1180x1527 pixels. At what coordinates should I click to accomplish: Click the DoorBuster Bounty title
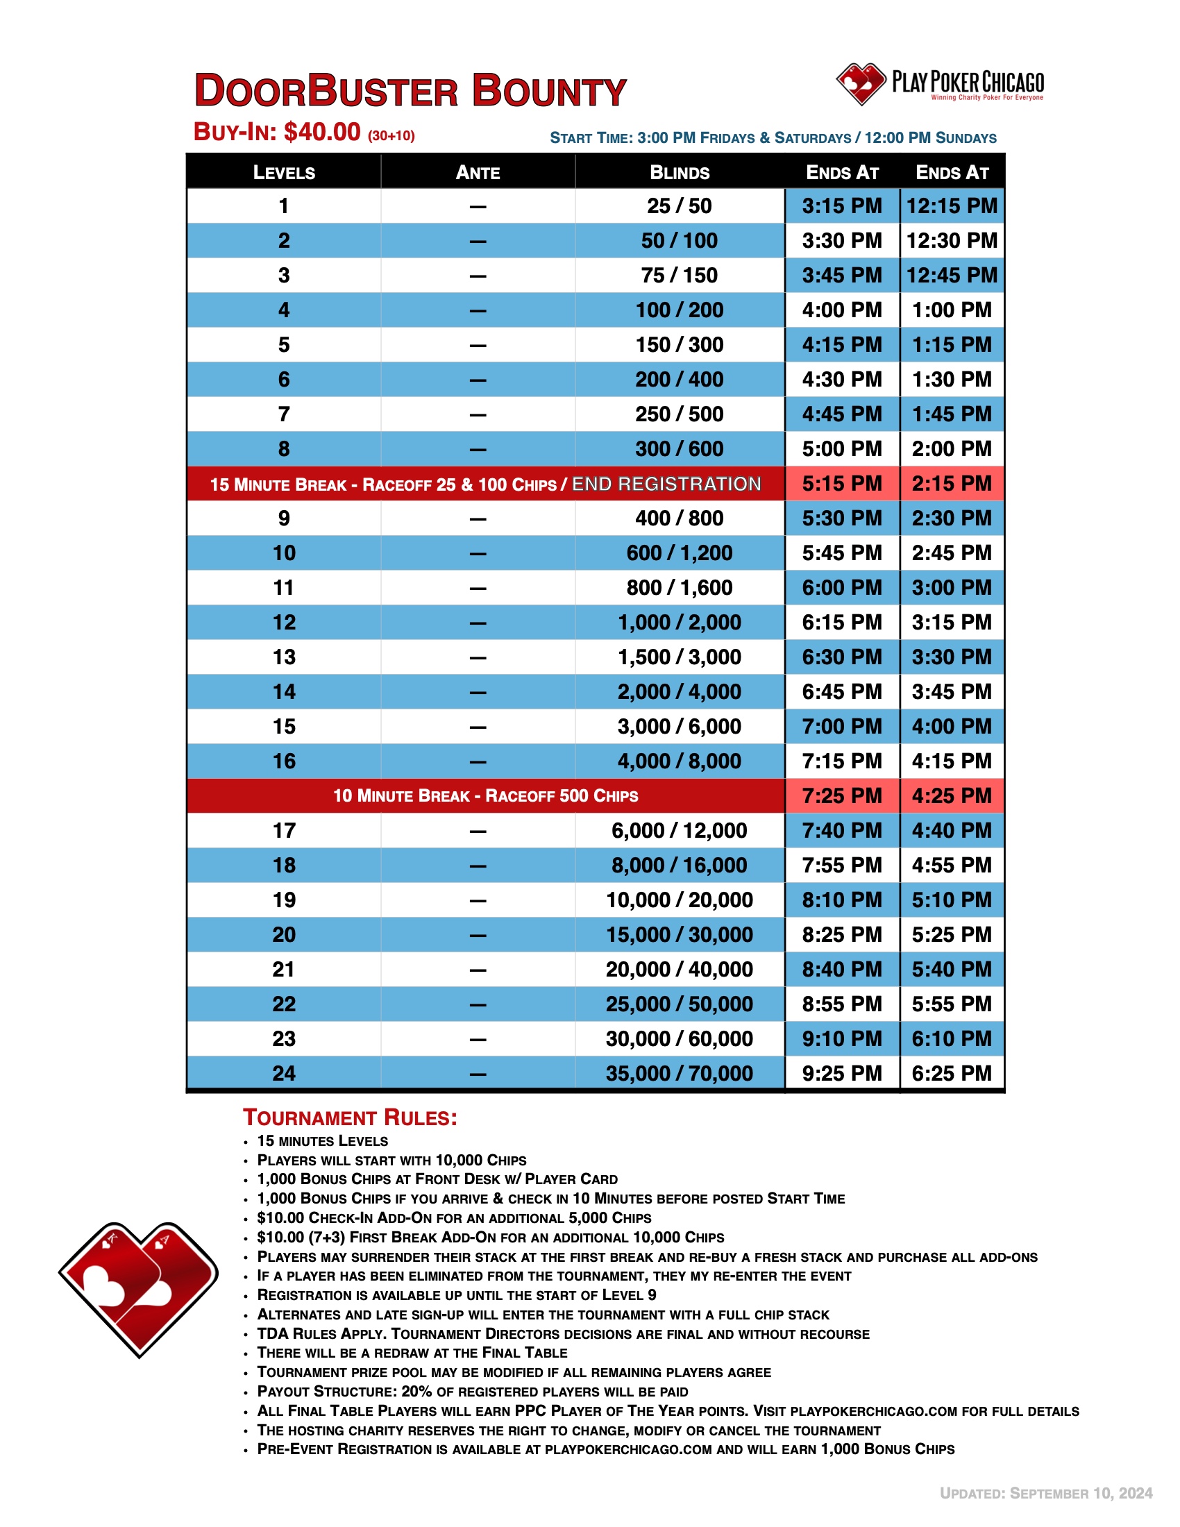(x=410, y=91)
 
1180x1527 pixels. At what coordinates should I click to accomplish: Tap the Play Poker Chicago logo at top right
(x=940, y=85)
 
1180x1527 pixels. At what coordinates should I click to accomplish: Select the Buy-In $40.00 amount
(x=321, y=132)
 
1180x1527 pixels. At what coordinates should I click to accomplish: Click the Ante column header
(x=478, y=173)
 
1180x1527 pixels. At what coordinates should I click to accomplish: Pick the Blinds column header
(x=680, y=173)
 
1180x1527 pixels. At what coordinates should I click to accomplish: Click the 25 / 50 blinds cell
(x=680, y=206)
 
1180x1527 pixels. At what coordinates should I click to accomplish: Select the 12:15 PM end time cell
(x=952, y=206)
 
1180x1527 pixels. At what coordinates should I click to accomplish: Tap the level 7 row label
(x=284, y=414)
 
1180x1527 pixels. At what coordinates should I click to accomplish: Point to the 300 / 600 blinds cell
(x=680, y=449)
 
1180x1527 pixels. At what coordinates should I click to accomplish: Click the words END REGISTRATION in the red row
(x=666, y=484)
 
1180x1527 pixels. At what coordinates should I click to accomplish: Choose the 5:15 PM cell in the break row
(x=842, y=484)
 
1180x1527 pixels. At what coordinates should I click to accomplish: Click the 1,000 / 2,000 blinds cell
(x=680, y=623)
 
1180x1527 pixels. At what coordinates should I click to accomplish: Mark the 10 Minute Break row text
(x=485, y=795)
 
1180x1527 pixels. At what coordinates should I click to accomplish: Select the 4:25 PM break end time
(x=952, y=795)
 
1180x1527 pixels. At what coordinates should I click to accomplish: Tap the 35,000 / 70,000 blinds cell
(x=680, y=1073)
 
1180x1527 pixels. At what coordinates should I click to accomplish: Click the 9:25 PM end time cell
(x=842, y=1073)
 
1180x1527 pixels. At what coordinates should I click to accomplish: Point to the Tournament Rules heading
(x=351, y=1118)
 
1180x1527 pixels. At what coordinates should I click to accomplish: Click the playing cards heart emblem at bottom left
(x=138, y=1290)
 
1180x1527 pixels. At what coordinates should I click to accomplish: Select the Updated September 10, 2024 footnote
(x=1046, y=1494)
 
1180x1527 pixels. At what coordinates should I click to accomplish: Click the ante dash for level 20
(x=478, y=936)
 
